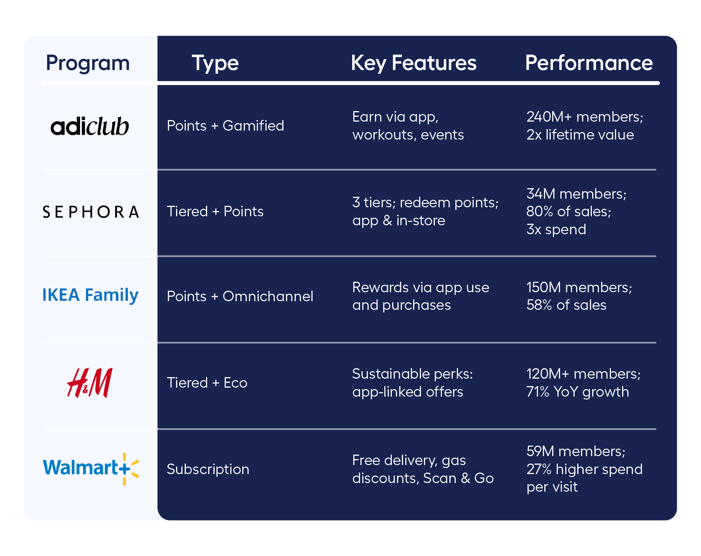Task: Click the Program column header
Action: pos(87,63)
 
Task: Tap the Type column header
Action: pos(215,63)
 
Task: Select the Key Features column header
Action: pos(413,63)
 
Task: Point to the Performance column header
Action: pos(588,63)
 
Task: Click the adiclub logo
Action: pos(90,126)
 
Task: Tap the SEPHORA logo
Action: pos(91,212)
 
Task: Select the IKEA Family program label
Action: pos(90,295)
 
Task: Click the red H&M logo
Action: pos(90,382)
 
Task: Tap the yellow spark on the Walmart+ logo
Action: pos(131,469)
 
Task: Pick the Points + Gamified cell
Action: pos(225,126)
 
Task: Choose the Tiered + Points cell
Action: pos(215,211)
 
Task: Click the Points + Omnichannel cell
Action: pos(240,296)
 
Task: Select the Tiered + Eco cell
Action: pos(207,383)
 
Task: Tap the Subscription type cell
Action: pos(207,469)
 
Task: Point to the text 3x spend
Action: pos(556,229)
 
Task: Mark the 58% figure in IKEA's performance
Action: pos(539,305)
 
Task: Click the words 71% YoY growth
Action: pos(577,392)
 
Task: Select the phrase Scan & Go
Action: pos(458,478)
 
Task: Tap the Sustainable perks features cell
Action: pos(412,383)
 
